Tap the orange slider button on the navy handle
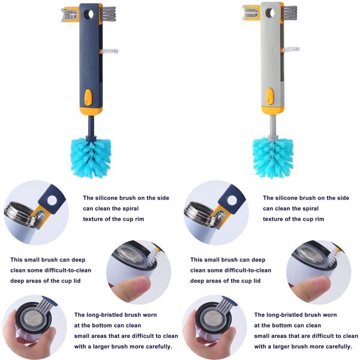pyautogui.click(x=89, y=96)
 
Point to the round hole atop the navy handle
pyautogui.click(x=89, y=13)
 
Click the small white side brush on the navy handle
pyautogui.click(x=109, y=52)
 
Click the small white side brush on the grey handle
pyautogui.click(x=291, y=50)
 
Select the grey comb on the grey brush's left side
pyautogui.click(x=251, y=13)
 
